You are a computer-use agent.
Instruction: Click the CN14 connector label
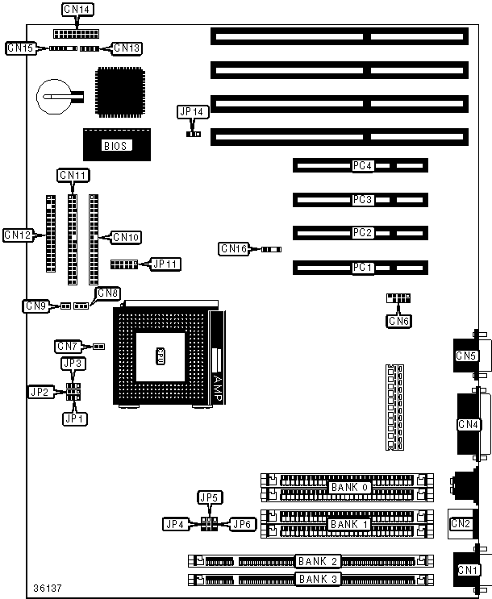point(77,10)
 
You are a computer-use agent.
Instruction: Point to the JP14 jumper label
point(190,112)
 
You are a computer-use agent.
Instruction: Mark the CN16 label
point(235,249)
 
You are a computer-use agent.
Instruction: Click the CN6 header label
point(398,322)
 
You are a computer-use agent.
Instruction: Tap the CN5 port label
point(466,356)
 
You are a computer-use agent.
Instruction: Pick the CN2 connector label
point(461,523)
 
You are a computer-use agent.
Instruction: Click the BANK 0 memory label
point(349,488)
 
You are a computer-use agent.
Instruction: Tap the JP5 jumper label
point(210,497)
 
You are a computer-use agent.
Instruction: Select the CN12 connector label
point(18,235)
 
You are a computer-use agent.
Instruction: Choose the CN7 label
point(68,346)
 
